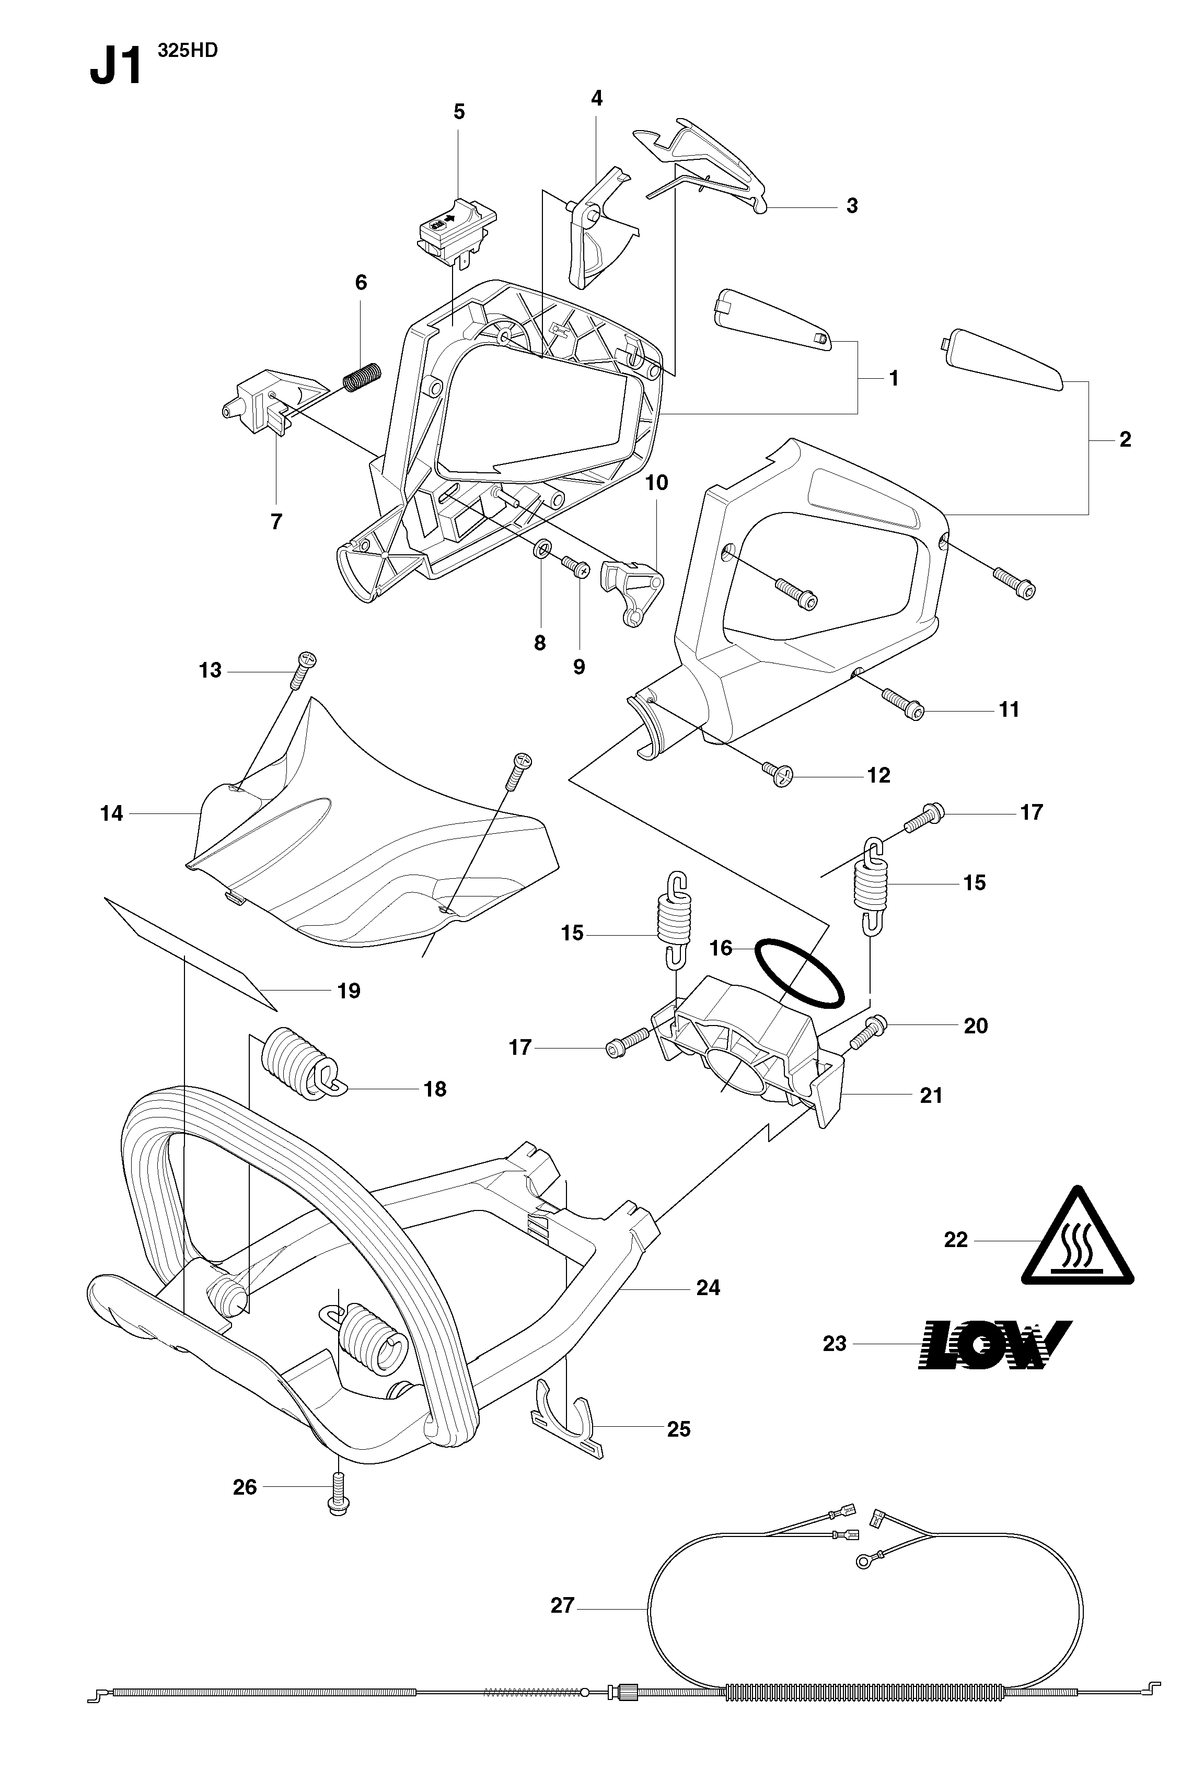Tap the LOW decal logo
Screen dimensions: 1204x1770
click(x=994, y=1344)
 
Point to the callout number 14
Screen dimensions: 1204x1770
click(x=111, y=813)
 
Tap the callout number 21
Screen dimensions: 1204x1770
click(x=931, y=1095)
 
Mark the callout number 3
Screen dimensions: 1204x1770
click(x=852, y=206)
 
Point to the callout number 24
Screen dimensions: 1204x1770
click(x=708, y=1287)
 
